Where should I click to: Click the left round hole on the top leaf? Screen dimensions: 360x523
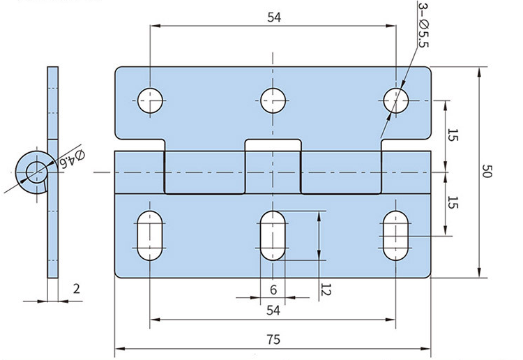pos(151,100)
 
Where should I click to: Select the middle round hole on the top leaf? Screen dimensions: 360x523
pos(273,100)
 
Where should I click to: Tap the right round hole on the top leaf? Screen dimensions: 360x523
pos(396,100)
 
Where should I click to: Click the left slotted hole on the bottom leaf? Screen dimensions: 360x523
pos(151,235)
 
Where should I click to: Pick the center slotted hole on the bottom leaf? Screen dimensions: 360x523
pos(273,235)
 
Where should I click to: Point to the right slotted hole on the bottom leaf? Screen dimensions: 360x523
pos(396,235)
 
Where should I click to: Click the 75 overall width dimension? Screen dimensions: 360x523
pos(273,340)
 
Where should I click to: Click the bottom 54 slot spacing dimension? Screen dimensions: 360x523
pos(273,310)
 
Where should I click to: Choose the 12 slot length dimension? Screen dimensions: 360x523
pos(325,287)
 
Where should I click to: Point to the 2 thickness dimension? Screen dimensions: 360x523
pos(77,289)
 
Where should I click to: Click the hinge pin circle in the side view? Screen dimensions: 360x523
pos(33,170)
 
